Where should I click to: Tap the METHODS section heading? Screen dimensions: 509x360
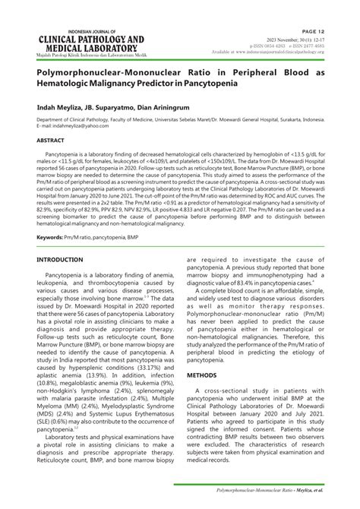(202, 375)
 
